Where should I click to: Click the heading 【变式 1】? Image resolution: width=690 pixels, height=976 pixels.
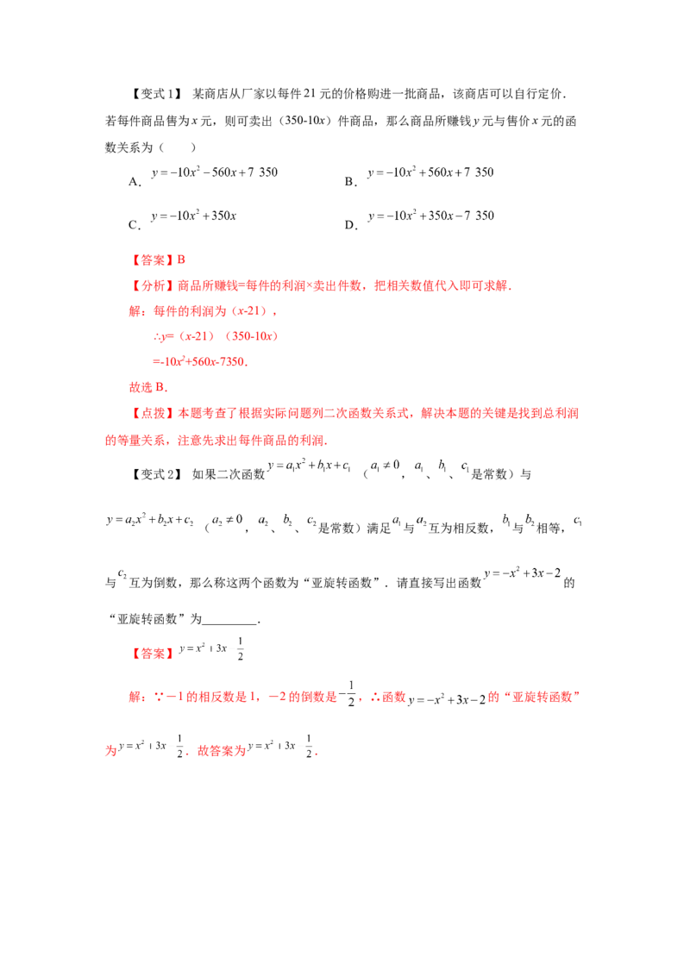pyautogui.click(x=156, y=94)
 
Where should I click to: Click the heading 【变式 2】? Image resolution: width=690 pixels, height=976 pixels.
pyautogui.click(x=156, y=474)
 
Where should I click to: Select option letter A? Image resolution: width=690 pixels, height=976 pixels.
pyautogui.click(x=135, y=182)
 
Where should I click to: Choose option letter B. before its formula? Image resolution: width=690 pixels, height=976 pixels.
pyautogui.click(x=351, y=182)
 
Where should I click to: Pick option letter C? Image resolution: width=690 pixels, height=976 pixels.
pyautogui.click(x=135, y=225)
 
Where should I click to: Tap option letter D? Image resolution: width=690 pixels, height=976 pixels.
pyautogui.click(x=351, y=225)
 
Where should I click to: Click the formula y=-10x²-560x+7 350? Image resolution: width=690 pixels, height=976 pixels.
pyautogui.click(x=214, y=172)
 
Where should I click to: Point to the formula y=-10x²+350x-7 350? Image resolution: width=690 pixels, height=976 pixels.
pyautogui.click(x=431, y=216)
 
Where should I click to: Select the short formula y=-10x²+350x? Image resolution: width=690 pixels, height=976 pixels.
pyautogui.click(x=194, y=216)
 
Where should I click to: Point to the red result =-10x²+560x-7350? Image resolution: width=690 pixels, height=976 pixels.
pyautogui.click(x=200, y=361)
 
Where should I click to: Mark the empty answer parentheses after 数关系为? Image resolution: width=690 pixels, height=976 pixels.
pyautogui.click(x=178, y=147)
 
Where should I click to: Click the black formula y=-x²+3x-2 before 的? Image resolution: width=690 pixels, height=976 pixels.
pyautogui.click(x=523, y=573)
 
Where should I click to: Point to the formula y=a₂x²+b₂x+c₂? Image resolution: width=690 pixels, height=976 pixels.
pyautogui.click(x=150, y=520)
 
